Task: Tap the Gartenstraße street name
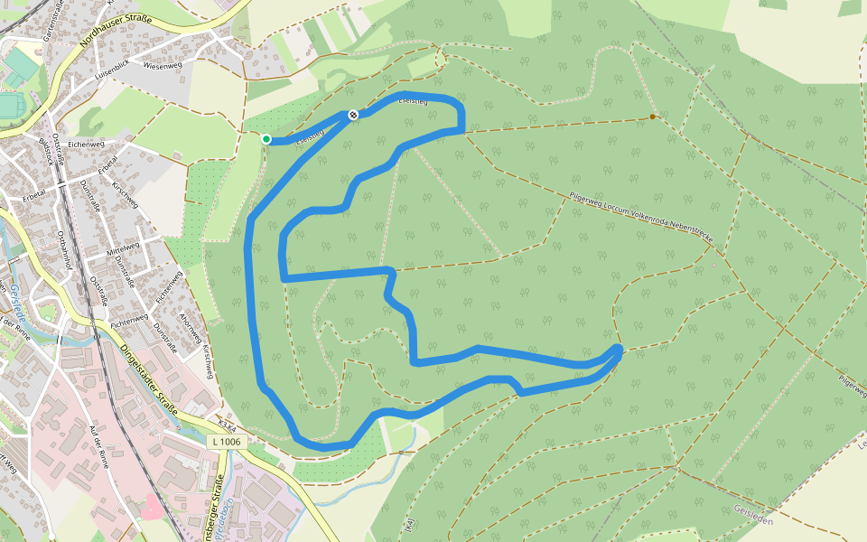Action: point(49,21)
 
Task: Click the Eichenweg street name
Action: point(88,144)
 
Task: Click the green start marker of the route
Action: point(266,138)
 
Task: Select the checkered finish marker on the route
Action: point(353,114)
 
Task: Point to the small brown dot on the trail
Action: point(653,117)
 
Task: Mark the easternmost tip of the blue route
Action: point(620,349)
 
